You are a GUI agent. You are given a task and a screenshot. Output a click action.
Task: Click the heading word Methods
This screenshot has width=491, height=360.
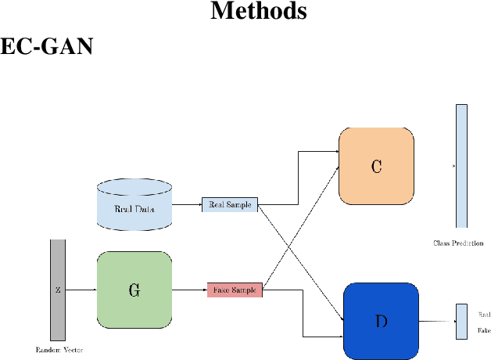259,12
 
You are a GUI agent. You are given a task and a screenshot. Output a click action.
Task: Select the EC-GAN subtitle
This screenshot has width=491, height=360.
46,47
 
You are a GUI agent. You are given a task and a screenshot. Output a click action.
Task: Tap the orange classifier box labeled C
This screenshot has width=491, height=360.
376,166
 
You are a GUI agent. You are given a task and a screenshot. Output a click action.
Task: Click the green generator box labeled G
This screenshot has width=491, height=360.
134,290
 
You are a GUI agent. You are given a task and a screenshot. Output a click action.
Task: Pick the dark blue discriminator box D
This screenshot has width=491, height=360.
380,320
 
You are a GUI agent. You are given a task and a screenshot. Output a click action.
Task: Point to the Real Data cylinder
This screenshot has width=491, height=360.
134,206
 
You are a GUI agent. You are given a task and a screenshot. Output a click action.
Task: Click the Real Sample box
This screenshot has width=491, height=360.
229,205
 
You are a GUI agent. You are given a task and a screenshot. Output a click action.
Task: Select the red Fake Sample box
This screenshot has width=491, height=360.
235,290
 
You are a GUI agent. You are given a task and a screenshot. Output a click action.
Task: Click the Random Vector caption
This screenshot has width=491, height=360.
59,349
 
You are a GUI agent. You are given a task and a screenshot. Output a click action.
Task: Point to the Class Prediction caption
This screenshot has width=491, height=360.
458,243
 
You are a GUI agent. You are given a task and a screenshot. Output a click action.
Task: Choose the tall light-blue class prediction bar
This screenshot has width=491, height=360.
461,165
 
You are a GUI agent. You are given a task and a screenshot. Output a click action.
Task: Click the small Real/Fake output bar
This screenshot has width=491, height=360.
461,322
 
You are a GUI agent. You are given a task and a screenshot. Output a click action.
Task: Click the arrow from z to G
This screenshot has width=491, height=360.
81,290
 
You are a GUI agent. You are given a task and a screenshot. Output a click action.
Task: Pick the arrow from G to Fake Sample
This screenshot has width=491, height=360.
189,290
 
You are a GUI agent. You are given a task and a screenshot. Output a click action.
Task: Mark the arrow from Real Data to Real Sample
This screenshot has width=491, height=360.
186,205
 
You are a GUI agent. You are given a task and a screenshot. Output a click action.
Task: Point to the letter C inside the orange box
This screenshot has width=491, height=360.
376,167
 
